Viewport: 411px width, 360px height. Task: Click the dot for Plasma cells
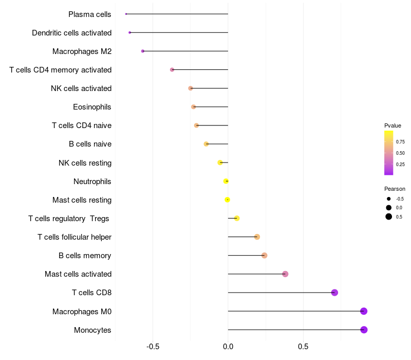pos(126,14)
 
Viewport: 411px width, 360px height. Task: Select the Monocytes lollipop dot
pos(364,330)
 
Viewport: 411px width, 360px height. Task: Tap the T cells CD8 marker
pos(334,293)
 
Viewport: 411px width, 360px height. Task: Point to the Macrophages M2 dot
pos(143,51)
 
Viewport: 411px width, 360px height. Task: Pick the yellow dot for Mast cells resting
pos(228,200)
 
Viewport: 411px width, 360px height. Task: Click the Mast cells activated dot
pos(285,274)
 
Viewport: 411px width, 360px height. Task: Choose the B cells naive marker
pos(206,144)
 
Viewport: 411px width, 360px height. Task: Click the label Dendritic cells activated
pos(71,33)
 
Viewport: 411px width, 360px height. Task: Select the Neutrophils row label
pos(92,182)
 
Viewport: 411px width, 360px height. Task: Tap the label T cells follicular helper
pos(74,237)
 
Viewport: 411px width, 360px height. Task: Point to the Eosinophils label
pos(92,107)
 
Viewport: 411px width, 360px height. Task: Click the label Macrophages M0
pos(82,312)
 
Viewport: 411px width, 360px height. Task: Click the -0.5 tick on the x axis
pos(153,347)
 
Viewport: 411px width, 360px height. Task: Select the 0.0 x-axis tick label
pos(228,347)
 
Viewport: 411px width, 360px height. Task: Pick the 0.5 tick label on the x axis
pos(303,347)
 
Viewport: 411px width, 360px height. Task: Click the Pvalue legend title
pos(393,125)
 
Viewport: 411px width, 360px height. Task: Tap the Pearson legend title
pos(395,189)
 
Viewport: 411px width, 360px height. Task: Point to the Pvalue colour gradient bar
pos(388,153)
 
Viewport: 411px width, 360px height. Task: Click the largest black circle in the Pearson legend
pos(389,217)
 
